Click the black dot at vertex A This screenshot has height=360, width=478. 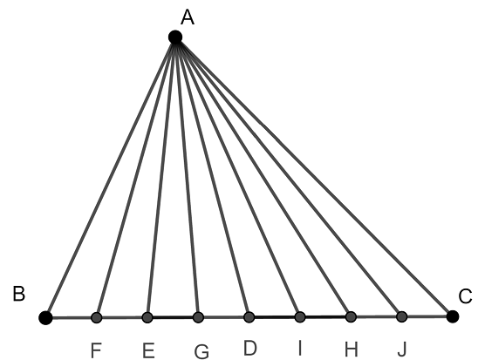point(175,37)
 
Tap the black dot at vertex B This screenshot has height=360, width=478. point(45,317)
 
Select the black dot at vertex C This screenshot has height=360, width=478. point(453,316)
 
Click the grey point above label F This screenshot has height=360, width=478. point(96,317)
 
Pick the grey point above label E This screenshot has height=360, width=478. point(147,317)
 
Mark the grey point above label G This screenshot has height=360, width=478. point(198,317)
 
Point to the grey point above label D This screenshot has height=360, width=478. point(249,317)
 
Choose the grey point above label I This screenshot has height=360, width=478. point(300,317)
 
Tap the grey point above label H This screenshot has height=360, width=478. point(351,316)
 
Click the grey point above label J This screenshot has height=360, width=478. point(402,316)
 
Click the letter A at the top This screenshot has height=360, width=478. point(188,17)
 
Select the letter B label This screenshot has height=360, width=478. point(18,295)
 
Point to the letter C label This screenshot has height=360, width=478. point(465,296)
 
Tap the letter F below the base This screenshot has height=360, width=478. point(96,350)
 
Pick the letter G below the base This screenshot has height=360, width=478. point(201,352)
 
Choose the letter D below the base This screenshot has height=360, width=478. point(250,348)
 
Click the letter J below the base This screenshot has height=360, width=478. point(402,349)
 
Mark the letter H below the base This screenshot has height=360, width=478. point(351,350)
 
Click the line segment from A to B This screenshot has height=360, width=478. point(111,178)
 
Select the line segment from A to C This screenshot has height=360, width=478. point(314,177)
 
